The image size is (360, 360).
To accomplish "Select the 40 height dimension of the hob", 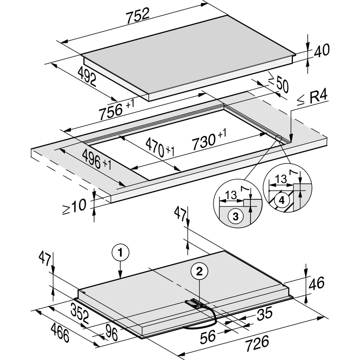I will click(x=322, y=51).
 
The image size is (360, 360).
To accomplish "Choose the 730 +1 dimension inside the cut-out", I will click(x=209, y=140).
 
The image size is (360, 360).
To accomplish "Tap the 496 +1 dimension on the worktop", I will click(x=92, y=159).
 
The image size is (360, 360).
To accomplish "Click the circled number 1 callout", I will click(x=121, y=252).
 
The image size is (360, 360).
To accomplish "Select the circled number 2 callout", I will click(x=199, y=271).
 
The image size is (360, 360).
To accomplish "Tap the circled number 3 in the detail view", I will click(x=236, y=216).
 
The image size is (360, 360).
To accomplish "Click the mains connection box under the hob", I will click(x=193, y=303).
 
